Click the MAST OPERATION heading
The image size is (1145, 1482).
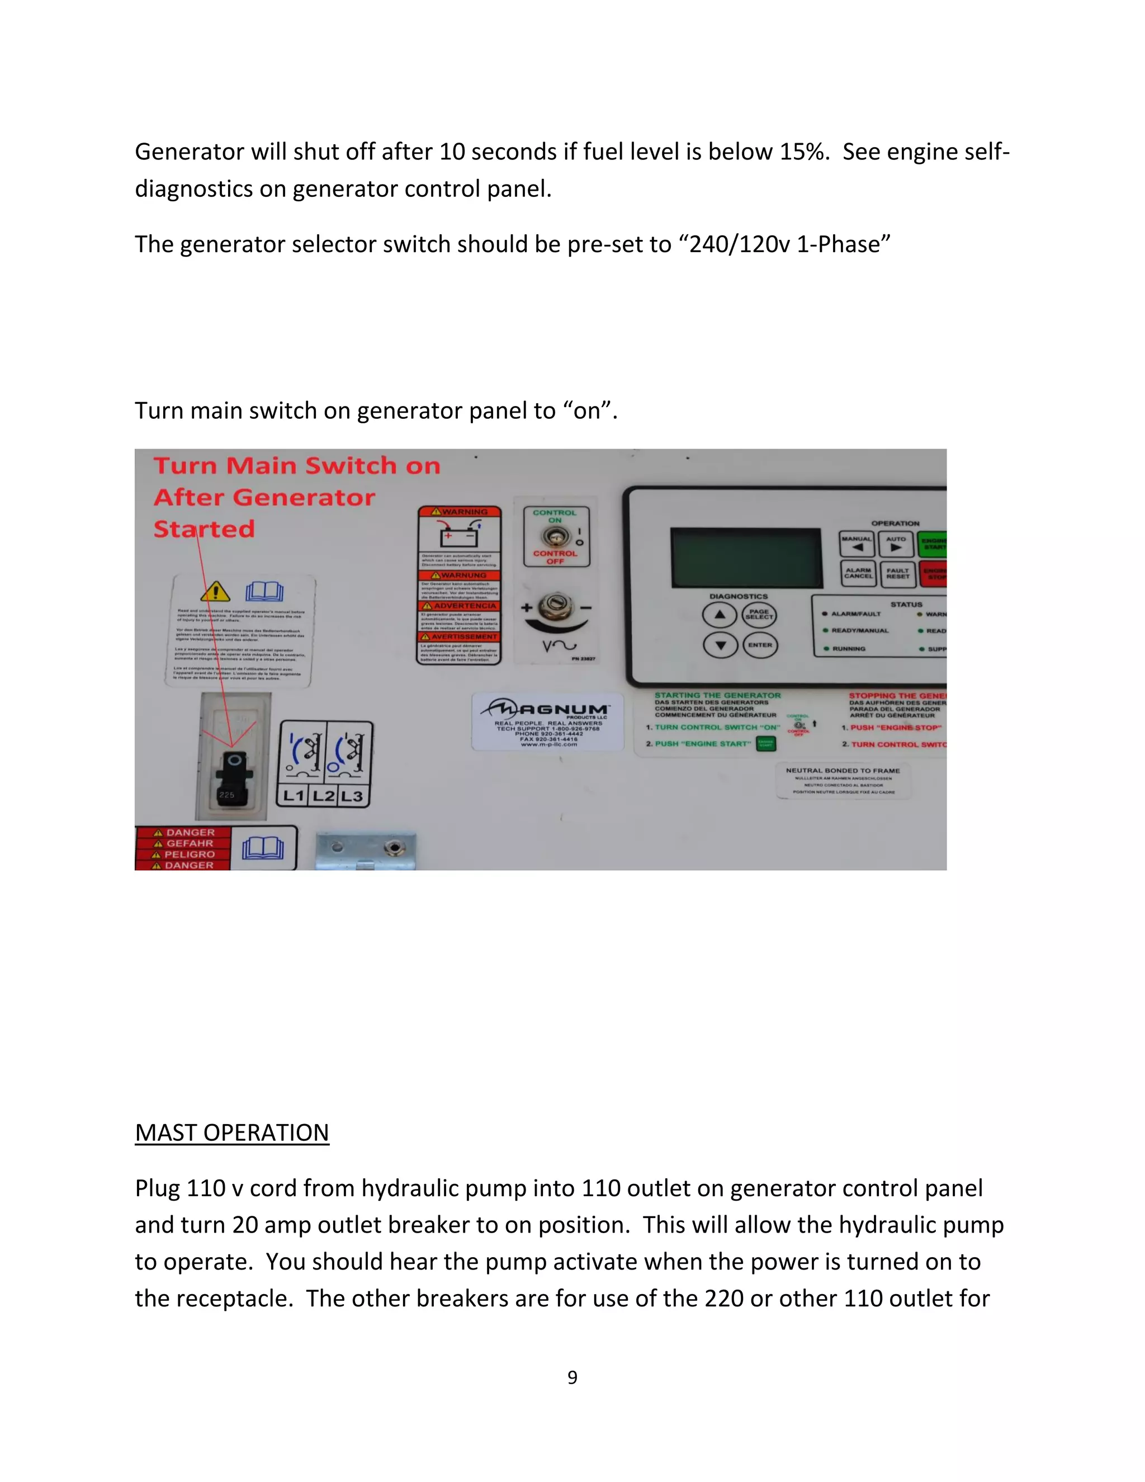(232, 1132)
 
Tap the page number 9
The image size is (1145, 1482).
(572, 1377)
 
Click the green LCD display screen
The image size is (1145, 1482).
(746, 557)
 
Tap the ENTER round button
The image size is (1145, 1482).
(760, 645)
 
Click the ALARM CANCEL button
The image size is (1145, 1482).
(858, 573)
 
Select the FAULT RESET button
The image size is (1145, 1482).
(897, 573)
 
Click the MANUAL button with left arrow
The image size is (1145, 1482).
(857, 544)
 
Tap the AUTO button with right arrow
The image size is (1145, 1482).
(896, 544)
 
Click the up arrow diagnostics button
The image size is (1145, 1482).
(720, 615)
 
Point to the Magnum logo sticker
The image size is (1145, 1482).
(547, 721)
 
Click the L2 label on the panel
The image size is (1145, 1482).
(324, 795)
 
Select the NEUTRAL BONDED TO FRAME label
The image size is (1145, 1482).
(843, 780)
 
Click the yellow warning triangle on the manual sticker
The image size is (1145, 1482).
(216, 592)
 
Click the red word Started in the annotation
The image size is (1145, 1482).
(204, 528)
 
